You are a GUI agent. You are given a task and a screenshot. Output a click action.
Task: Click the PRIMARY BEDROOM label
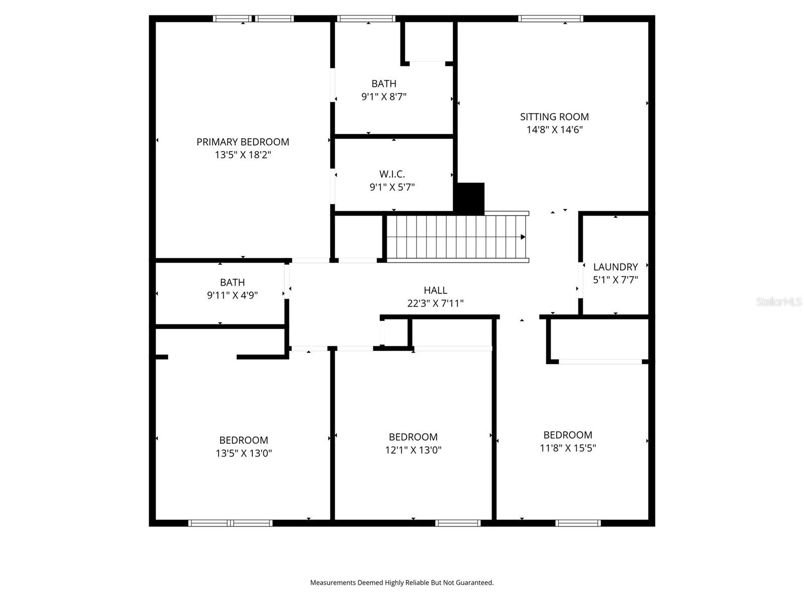243,142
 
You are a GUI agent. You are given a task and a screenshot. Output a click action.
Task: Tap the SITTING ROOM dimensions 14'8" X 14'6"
554,130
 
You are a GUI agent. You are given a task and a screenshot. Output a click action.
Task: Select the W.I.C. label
392,174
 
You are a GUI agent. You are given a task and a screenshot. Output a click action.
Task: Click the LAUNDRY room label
615,267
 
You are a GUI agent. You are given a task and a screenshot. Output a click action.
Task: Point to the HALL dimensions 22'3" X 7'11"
435,304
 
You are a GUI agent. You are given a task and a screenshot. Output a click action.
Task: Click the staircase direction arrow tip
524,237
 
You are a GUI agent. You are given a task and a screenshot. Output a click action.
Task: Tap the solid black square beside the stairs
469,198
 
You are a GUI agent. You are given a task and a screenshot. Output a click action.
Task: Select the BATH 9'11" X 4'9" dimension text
232,295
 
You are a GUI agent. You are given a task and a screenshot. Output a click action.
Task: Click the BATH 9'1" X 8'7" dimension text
384,96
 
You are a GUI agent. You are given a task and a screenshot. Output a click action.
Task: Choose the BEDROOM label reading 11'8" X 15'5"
568,435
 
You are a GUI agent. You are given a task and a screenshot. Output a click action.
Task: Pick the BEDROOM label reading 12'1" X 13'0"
413,437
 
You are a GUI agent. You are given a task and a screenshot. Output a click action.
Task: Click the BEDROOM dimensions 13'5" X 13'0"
244,453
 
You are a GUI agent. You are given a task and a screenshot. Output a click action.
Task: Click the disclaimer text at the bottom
401,583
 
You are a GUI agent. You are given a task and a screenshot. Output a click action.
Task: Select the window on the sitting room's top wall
550,19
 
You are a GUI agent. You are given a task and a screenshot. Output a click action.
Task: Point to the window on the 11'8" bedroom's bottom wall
578,523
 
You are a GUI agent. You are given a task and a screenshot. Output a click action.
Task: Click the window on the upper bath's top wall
366,19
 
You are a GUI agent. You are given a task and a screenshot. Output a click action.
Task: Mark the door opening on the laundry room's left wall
580,280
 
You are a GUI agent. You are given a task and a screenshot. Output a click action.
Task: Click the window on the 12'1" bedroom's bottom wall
458,523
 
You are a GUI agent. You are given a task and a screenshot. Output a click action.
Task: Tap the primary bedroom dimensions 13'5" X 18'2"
243,155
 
